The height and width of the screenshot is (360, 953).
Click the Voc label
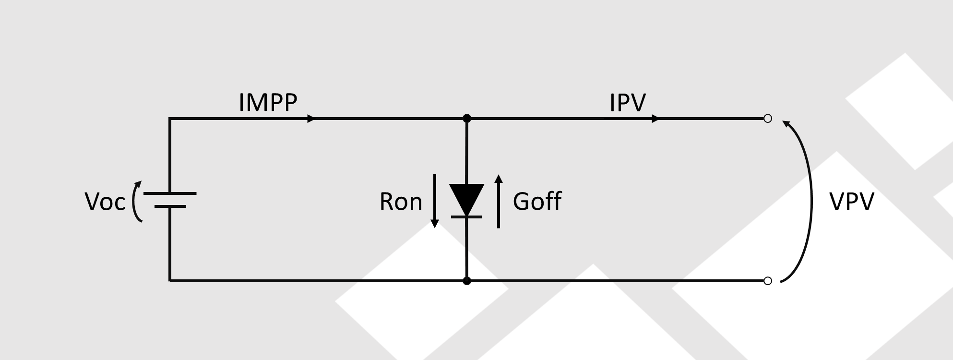coord(105,202)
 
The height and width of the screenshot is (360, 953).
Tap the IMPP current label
coord(268,102)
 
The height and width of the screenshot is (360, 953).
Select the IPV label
coord(628,102)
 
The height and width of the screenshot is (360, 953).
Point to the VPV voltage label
coord(852,202)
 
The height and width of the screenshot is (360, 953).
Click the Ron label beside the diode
coord(401,202)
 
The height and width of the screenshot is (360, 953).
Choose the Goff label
coord(537,201)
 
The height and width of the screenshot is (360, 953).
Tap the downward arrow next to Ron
coord(435,201)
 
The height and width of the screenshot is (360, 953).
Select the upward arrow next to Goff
coord(499,201)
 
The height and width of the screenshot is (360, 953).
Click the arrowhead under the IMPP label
coord(311,119)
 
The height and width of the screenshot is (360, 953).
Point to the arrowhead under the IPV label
coord(655,119)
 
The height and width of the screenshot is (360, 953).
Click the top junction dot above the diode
coord(466,118)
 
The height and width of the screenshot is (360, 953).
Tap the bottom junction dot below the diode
coord(466,281)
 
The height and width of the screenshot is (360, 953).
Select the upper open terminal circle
coord(768,118)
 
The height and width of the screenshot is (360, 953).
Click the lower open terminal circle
coord(768,281)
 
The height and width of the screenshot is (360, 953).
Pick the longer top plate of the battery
coord(170,193)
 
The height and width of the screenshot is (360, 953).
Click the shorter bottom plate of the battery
coord(170,206)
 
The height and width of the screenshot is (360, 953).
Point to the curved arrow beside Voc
coord(134,202)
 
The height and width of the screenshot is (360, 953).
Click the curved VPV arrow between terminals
coord(811,202)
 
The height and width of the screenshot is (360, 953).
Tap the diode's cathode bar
coord(466,217)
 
